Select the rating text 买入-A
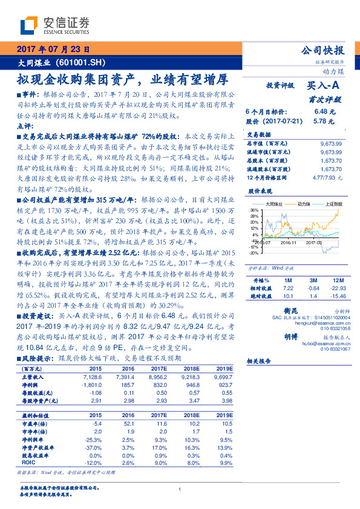(324, 86)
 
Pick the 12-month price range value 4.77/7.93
(330, 178)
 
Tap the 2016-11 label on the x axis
(289, 242)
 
